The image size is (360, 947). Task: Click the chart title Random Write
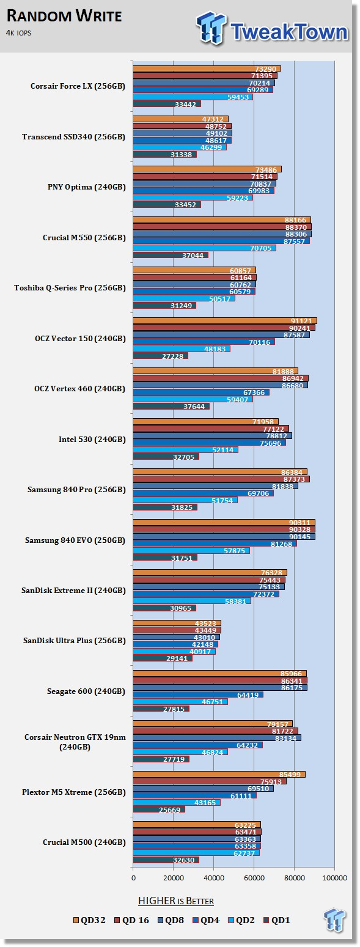(x=64, y=16)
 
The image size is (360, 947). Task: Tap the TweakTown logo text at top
(x=290, y=31)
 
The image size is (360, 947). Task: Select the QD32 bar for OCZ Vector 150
(x=225, y=321)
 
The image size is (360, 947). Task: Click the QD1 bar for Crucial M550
(x=171, y=255)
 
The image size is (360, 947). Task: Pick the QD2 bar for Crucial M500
(x=196, y=853)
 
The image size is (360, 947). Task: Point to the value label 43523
(x=205, y=624)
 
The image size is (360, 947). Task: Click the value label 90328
(x=299, y=529)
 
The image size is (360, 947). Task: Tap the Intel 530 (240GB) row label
(x=92, y=439)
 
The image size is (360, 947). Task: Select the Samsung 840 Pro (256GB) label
(x=76, y=490)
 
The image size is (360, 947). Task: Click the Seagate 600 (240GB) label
(x=86, y=691)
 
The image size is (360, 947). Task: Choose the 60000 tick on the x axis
(x=254, y=878)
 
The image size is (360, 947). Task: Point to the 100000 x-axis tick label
(x=335, y=878)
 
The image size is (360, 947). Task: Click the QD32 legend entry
(x=90, y=920)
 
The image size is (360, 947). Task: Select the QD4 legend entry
(x=206, y=920)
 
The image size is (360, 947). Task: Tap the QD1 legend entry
(x=276, y=920)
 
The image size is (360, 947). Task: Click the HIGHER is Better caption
(x=176, y=901)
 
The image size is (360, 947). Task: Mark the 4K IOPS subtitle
(x=18, y=33)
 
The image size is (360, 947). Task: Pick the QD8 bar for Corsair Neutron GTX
(x=217, y=738)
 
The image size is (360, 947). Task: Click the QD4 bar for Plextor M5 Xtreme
(x=194, y=795)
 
